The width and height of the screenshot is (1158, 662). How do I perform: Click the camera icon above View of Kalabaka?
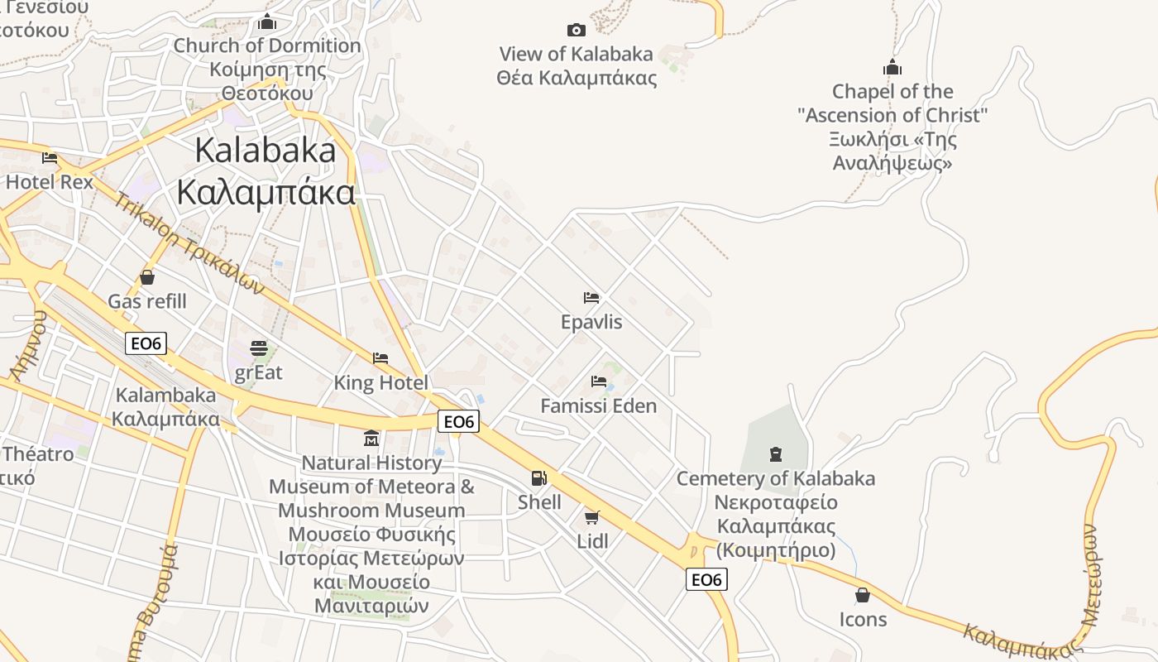coord(577,31)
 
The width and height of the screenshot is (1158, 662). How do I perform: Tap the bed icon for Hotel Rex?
coord(50,157)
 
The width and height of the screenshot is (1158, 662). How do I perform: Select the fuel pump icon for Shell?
coord(538,478)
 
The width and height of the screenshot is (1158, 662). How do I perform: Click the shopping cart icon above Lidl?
coord(591,517)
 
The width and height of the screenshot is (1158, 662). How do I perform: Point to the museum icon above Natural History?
coord(371,438)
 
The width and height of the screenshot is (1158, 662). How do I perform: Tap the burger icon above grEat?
coord(259,348)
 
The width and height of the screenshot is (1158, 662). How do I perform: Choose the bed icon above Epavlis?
coord(591,298)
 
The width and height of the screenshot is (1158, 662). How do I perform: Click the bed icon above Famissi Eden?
coord(599,381)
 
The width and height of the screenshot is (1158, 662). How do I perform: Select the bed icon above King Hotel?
coord(380,358)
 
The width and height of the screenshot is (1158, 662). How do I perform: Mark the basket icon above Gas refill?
coord(147,277)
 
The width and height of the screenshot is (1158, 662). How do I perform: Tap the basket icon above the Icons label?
coord(863,595)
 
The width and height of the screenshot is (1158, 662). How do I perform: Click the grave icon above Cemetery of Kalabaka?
coord(776,453)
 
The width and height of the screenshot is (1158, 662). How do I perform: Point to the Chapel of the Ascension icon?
coord(892,67)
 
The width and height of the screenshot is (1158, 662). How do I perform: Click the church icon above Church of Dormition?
coord(267,22)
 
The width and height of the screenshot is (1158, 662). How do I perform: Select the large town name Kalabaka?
coord(266,150)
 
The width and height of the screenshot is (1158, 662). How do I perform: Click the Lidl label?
coord(592,541)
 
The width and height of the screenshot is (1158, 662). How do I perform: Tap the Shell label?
coord(539,502)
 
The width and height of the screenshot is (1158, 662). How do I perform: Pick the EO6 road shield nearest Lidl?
coord(706,579)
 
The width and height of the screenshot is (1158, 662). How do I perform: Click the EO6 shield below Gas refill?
coord(146,343)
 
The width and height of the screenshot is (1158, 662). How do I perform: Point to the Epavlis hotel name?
coord(591,322)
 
